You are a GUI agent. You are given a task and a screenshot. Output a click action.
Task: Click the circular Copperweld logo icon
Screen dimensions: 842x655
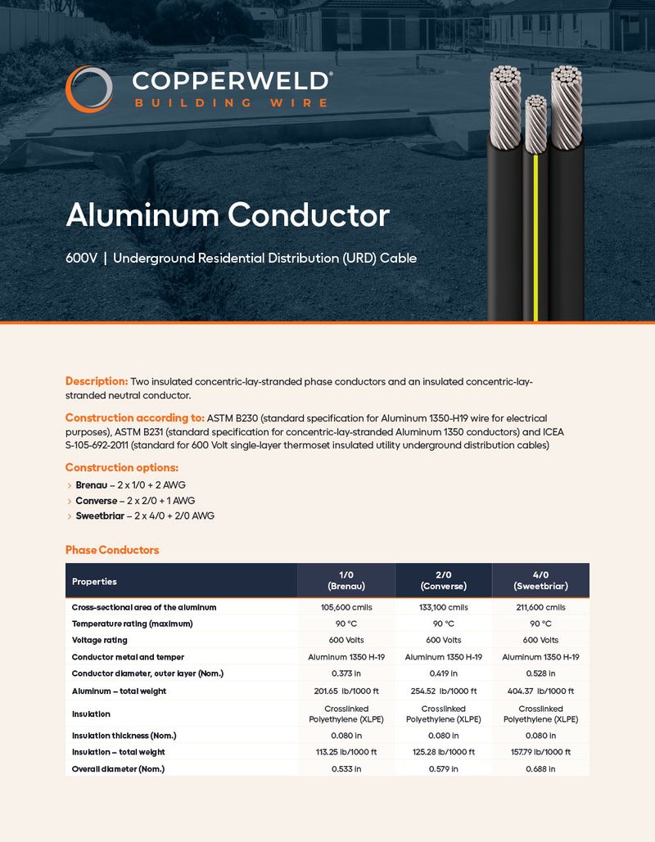click(x=88, y=89)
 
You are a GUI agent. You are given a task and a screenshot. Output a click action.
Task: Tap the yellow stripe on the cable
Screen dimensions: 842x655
click(x=535, y=237)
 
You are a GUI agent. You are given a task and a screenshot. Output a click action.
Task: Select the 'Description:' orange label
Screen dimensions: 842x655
click(x=97, y=381)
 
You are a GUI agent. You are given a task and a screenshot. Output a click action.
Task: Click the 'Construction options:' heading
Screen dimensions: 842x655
click(x=122, y=467)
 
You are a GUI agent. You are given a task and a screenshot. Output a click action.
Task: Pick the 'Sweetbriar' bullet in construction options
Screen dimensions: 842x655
click(x=100, y=516)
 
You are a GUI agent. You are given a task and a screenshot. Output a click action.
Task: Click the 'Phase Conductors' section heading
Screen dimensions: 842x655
click(x=112, y=550)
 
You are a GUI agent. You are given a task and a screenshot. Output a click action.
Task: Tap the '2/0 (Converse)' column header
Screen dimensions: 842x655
click(x=443, y=580)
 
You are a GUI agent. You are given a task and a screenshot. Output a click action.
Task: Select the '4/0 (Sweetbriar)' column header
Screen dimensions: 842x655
click(x=540, y=580)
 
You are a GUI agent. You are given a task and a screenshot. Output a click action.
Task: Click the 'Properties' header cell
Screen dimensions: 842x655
click(x=94, y=581)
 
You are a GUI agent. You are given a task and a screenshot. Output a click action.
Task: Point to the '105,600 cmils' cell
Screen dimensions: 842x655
click(x=346, y=607)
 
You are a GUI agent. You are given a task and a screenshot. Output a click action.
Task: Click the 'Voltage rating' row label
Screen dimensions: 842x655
click(x=99, y=640)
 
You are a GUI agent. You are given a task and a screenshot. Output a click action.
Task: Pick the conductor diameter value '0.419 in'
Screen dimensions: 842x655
click(x=443, y=673)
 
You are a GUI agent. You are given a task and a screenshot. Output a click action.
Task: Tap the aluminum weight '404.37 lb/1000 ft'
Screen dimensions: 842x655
click(x=540, y=691)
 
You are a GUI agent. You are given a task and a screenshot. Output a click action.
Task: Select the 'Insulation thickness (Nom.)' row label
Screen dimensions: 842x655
click(x=124, y=736)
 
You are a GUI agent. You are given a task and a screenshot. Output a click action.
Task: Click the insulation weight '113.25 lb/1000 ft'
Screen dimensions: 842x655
click(x=346, y=752)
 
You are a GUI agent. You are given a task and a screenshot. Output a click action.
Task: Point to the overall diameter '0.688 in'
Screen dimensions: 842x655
click(x=540, y=769)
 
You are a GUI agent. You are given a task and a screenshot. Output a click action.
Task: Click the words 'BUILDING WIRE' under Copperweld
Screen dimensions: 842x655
click(x=230, y=103)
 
